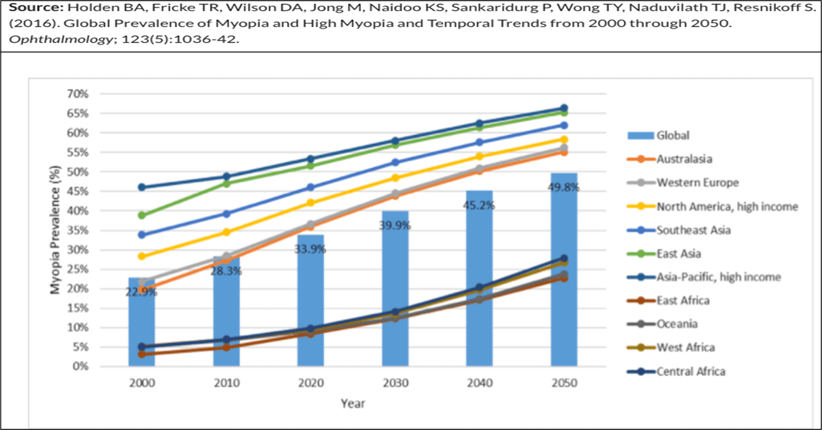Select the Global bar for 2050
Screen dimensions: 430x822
[564, 277]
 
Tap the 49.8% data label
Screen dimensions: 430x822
[564, 187]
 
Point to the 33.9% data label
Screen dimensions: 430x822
[310, 249]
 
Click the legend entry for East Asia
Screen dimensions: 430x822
[678, 253]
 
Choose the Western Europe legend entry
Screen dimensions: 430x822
[697, 183]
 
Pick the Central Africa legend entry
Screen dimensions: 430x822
[690, 372]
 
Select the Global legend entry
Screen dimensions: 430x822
[672, 135]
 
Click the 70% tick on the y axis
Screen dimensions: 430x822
[78, 94]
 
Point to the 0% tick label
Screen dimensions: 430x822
[80, 366]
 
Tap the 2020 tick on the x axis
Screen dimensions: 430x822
[311, 383]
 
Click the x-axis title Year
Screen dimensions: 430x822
[353, 403]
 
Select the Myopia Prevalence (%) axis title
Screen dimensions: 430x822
[55, 229]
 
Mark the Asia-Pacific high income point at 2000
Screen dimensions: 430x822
[142, 187]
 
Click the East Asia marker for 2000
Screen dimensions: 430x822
[142, 216]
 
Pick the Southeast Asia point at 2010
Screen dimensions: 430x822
[227, 213]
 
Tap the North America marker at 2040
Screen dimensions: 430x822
[479, 157]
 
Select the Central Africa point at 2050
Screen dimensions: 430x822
[564, 259]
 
